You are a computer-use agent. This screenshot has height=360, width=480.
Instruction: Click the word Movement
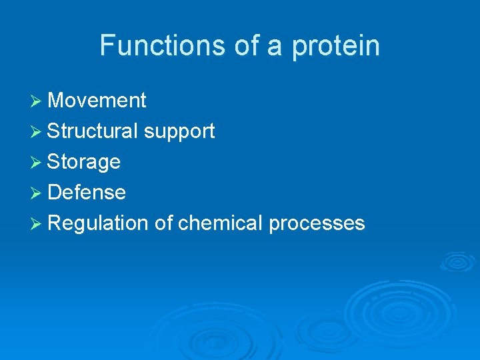coord(97,101)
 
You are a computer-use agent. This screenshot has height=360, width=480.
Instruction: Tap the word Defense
coord(87,193)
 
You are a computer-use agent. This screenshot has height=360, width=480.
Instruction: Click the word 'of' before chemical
coord(163,223)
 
